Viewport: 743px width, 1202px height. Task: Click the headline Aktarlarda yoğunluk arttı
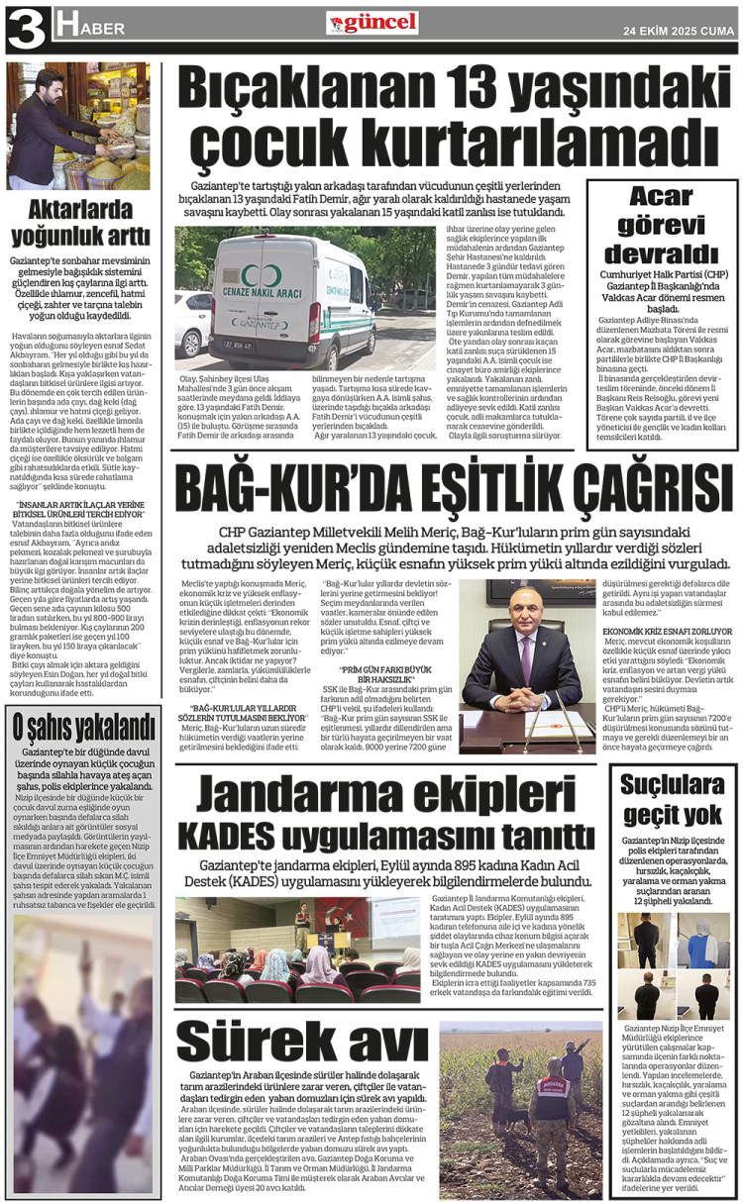[80, 223]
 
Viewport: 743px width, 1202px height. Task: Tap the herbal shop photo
[78, 126]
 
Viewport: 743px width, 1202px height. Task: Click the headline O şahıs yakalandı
[80, 726]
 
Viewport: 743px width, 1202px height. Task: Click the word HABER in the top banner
[91, 29]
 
